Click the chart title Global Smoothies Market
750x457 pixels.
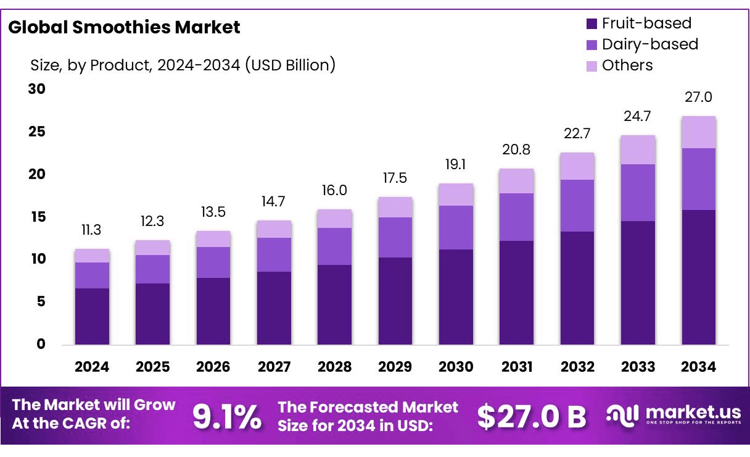coord(124,27)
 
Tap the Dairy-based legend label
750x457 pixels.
coord(649,44)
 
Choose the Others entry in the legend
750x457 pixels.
coord(627,65)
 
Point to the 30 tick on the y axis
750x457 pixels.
coord(37,89)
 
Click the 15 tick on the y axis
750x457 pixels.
coord(37,217)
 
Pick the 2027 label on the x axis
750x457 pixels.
coord(274,367)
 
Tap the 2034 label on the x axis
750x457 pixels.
coord(698,367)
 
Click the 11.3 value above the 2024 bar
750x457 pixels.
coord(91,230)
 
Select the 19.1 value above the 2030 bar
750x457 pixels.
coord(456,165)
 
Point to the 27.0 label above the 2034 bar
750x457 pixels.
coord(698,97)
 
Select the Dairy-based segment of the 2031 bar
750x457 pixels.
coord(516,217)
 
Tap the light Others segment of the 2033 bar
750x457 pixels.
coord(638,149)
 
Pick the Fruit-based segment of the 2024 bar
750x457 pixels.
coord(92,316)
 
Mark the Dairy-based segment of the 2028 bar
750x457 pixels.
coord(334,246)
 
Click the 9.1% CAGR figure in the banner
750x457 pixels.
coord(227,417)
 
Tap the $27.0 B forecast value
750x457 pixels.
coord(532,417)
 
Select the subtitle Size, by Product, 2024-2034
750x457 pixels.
coord(183,64)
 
